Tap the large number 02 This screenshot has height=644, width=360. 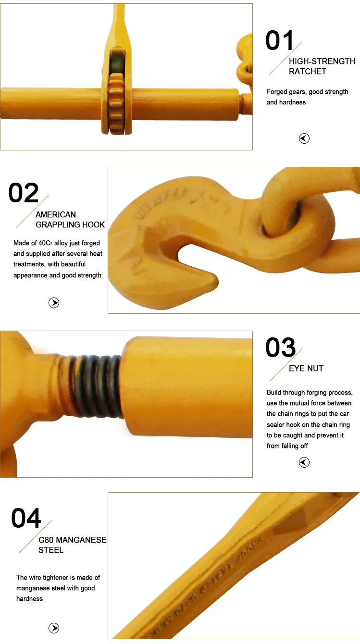24,193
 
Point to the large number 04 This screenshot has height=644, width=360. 26,519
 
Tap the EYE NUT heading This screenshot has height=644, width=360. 306,369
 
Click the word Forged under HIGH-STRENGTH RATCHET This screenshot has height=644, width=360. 277,92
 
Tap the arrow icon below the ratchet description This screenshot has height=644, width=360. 304,138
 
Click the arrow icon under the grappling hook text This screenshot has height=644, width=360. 54,303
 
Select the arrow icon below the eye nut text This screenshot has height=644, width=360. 304,462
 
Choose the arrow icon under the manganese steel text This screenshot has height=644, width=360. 54,628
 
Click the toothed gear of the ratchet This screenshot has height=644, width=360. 116,103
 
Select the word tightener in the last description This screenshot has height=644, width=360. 63,578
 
